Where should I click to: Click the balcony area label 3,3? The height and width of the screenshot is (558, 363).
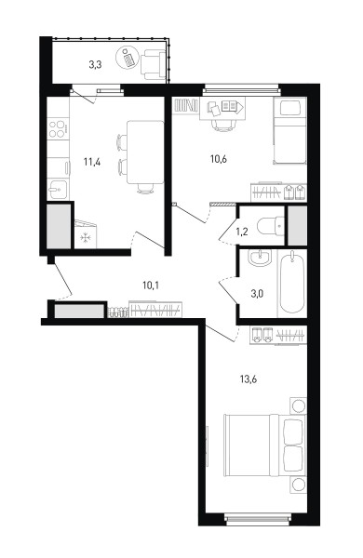(x=95, y=65)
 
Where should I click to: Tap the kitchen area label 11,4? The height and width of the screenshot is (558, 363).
(x=92, y=162)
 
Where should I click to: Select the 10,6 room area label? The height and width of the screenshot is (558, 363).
(x=219, y=159)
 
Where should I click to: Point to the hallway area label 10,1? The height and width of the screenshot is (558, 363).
(x=151, y=286)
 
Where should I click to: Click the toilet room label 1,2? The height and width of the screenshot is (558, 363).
(x=241, y=232)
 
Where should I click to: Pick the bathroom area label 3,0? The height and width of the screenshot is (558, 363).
(x=257, y=294)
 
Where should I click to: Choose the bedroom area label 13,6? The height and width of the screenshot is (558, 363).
(x=249, y=379)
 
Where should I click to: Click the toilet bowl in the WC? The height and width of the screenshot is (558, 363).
(x=270, y=226)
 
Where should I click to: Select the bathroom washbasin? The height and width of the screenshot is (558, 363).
(x=260, y=258)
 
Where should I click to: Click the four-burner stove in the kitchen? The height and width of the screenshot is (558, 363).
(x=58, y=129)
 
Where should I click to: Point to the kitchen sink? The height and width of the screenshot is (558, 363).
(x=58, y=190)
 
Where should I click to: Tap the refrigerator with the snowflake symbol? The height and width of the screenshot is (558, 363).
(x=85, y=234)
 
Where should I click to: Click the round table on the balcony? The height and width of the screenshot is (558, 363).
(x=128, y=58)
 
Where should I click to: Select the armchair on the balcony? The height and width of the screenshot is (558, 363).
(x=154, y=65)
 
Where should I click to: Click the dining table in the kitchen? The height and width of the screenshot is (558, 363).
(x=145, y=153)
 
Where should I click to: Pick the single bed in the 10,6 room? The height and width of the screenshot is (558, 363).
(x=290, y=130)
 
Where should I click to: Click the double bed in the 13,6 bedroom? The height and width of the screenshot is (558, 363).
(x=264, y=445)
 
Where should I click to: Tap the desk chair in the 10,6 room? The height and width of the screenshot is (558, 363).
(x=224, y=126)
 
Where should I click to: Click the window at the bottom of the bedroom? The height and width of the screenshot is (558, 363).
(x=258, y=519)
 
